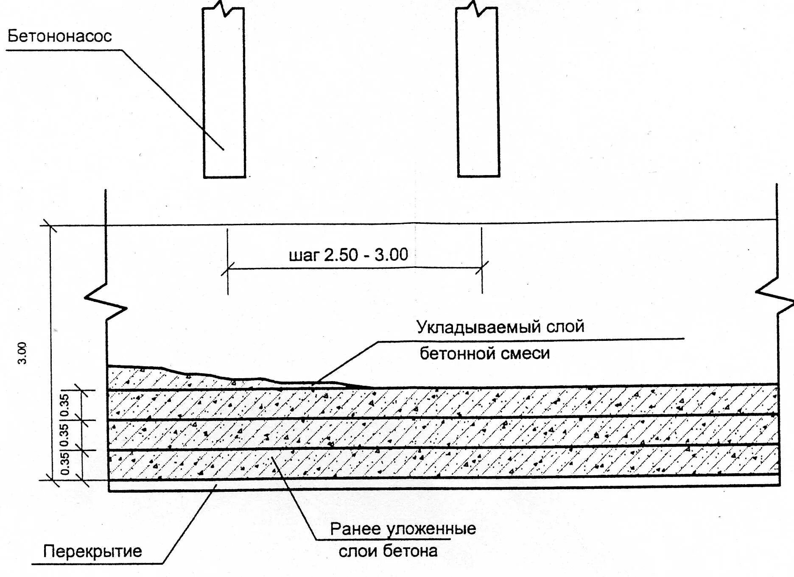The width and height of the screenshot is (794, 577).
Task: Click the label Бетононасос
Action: click(60, 36)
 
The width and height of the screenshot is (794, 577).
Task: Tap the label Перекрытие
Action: click(92, 552)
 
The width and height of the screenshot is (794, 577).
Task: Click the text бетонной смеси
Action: click(484, 353)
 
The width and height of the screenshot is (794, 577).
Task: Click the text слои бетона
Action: click(388, 551)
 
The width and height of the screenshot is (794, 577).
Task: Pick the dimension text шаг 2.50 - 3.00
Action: click(348, 255)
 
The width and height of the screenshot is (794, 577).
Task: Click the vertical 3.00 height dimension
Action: click(22, 353)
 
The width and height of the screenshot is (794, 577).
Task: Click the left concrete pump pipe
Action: click(224, 93)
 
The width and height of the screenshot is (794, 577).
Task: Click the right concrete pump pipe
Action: click(478, 93)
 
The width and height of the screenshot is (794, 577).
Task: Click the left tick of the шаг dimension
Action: click(228, 268)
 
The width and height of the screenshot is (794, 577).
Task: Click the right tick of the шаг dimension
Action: click(482, 268)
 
